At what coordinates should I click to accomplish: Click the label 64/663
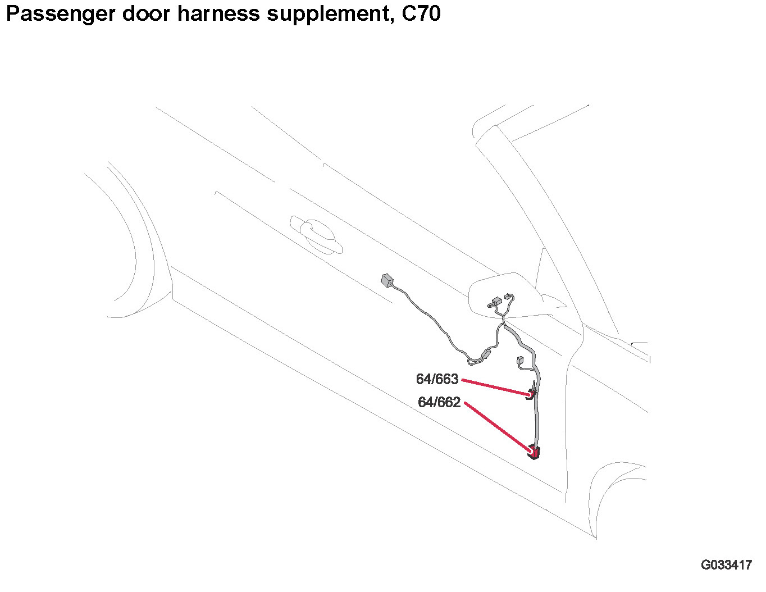(x=437, y=380)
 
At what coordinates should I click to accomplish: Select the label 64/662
(x=439, y=403)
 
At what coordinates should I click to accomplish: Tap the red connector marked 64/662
(x=534, y=451)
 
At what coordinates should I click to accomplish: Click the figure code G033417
(x=726, y=565)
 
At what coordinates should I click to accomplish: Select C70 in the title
(x=421, y=14)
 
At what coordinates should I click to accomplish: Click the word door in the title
(x=145, y=14)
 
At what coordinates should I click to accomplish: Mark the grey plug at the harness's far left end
(x=387, y=280)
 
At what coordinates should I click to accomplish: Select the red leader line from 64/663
(x=494, y=387)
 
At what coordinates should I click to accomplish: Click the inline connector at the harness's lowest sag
(x=486, y=354)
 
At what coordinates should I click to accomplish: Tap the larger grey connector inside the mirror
(x=495, y=302)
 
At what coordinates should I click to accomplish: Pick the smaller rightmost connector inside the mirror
(x=508, y=296)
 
